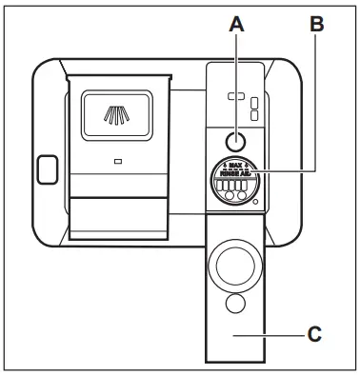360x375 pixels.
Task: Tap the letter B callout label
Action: [317, 29]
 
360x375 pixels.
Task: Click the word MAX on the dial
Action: [234, 166]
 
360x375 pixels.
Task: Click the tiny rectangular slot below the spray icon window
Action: [117, 162]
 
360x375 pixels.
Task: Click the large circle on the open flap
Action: [233, 262]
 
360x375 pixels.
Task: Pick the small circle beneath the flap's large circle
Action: [233, 304]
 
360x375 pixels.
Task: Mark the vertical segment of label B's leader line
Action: [317, 105]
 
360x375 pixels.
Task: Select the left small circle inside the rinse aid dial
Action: [230, 196]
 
